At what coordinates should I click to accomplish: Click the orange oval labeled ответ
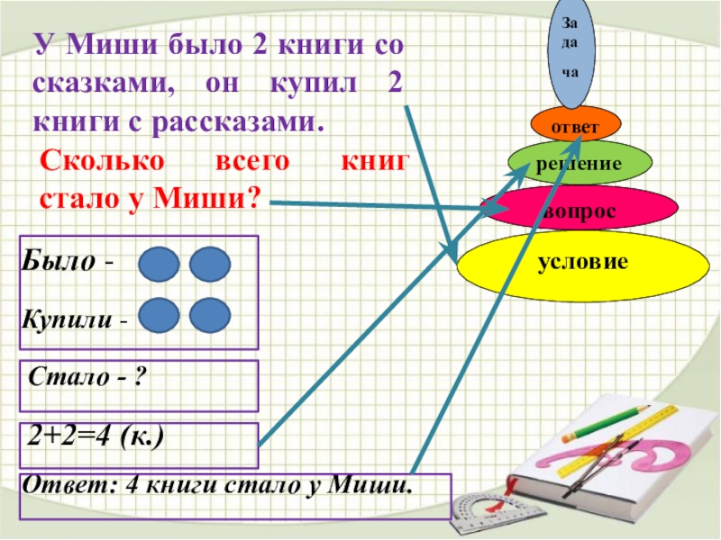click(x=564, y=126)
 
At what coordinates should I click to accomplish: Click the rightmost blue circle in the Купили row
click(x=211, y=316)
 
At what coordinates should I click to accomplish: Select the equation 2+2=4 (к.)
click(x=94, y=437)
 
